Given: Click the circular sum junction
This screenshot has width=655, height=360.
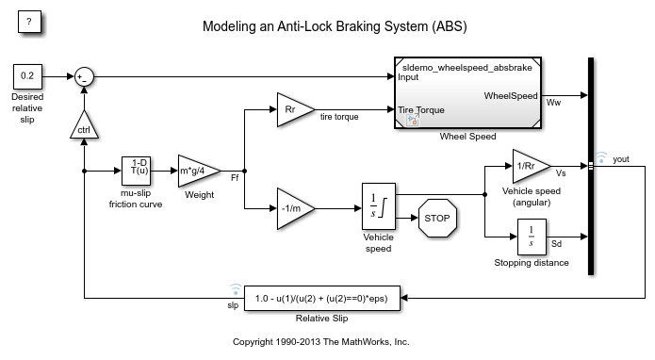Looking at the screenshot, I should (85, 76).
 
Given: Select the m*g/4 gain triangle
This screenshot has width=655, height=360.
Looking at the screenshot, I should (197, 172).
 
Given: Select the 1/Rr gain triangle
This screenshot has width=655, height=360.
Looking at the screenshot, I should (530, 166).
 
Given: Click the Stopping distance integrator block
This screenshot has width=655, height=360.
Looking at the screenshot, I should (532, 237).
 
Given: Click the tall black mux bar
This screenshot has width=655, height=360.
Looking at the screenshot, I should (591, 166).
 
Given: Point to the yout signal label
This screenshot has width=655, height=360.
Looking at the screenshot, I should (620, 159).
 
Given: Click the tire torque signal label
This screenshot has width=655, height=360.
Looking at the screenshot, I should (340, 117).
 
